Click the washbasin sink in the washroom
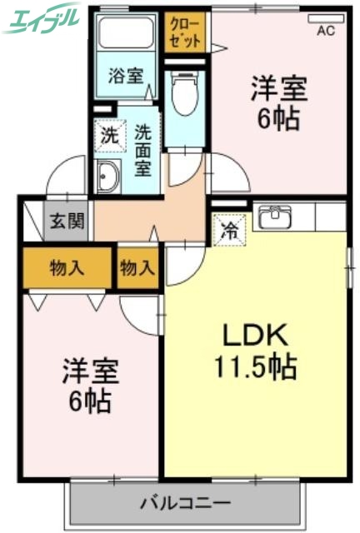point(109,177)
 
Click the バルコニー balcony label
point(184,502)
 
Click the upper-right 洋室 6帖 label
point(278,102)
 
